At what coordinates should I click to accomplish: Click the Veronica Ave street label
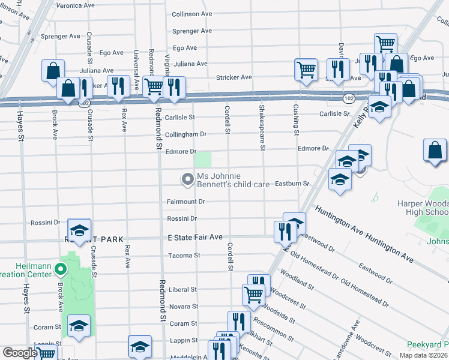pos(76,5)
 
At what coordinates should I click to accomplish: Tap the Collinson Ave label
pos(192,13)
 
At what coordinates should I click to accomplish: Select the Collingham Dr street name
pos(185,135)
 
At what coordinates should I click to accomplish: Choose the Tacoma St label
pos(183,256)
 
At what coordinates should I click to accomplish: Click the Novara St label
pos(185,307)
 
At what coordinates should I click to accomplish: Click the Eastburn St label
pos(292,184)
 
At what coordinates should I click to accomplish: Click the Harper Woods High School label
pos(423,208)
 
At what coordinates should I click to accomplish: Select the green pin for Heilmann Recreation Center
pos(60,269)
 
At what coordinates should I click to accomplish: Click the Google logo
pos(20,353)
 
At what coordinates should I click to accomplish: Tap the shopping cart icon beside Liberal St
pos(253,294)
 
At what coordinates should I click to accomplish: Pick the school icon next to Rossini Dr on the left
pos(79,230)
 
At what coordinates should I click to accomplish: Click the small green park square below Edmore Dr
pos(204,160)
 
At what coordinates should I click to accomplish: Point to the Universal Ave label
pos(137,69)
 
